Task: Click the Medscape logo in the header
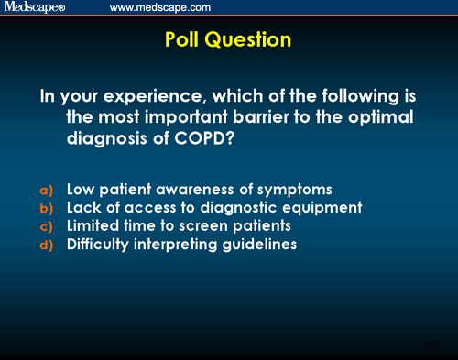coord(34,8)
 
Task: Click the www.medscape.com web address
coord(159,8)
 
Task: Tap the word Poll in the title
coord(188,40)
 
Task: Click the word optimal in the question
coord(383,119)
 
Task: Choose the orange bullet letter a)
coord(47,190)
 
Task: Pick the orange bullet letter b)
coord(47,208)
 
